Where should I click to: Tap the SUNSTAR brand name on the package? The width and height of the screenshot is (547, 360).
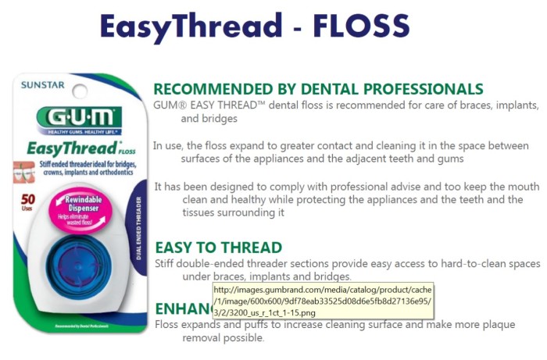[x=40, y=85]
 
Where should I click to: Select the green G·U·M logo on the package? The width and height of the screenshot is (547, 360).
[x=79, y=117]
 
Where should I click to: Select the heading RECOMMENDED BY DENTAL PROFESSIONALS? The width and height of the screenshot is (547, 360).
[x=318, y=89]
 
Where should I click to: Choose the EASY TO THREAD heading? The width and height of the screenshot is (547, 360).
[x=218, y=248]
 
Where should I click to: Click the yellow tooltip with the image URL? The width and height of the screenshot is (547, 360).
[x=322, y=301]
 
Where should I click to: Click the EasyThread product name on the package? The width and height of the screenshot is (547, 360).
[x=73, y=147]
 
